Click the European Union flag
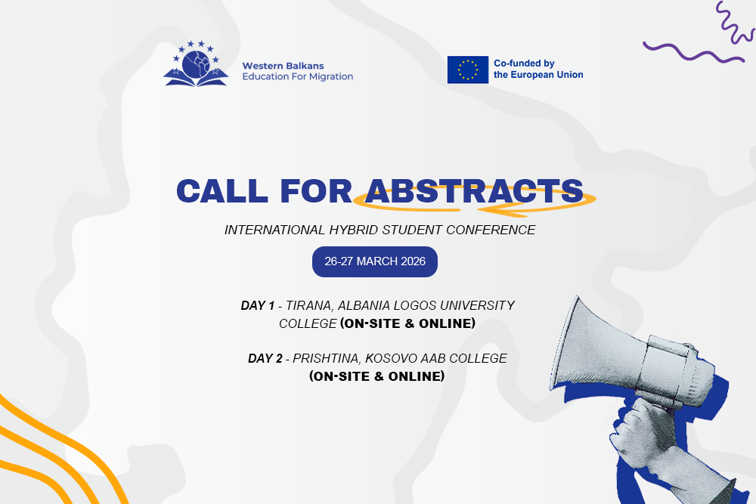[x=468, y=70]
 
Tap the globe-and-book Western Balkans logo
[x=196, y=63]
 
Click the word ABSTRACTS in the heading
[x=474, y=191]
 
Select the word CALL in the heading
[x=222, y=191]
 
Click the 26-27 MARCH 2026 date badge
[x=375, y=261]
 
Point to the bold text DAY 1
[x=258, y=305]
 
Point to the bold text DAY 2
[x=265, y=358]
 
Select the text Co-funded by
[x=524, y=63]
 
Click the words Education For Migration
[x=297, y=76]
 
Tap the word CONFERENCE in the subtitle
[x=491, y=230]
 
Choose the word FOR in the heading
[x=316, y=191]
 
